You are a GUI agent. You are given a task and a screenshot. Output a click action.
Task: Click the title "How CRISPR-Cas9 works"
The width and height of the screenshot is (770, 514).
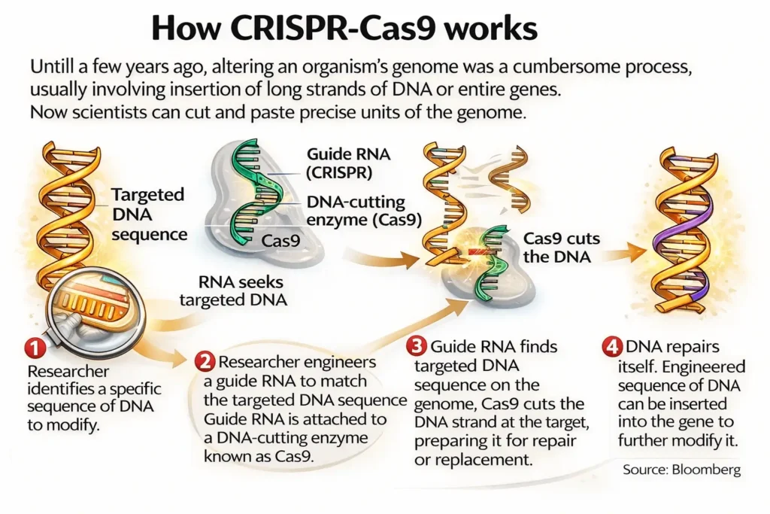(x=344, y=28)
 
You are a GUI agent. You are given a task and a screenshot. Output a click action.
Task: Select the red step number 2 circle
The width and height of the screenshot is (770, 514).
(x=205, y=360)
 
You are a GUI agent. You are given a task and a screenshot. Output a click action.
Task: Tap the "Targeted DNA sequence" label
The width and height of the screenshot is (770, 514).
(x=148, y=214)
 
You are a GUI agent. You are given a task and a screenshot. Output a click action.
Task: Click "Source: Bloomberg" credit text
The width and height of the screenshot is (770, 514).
(x=681, y=470)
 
